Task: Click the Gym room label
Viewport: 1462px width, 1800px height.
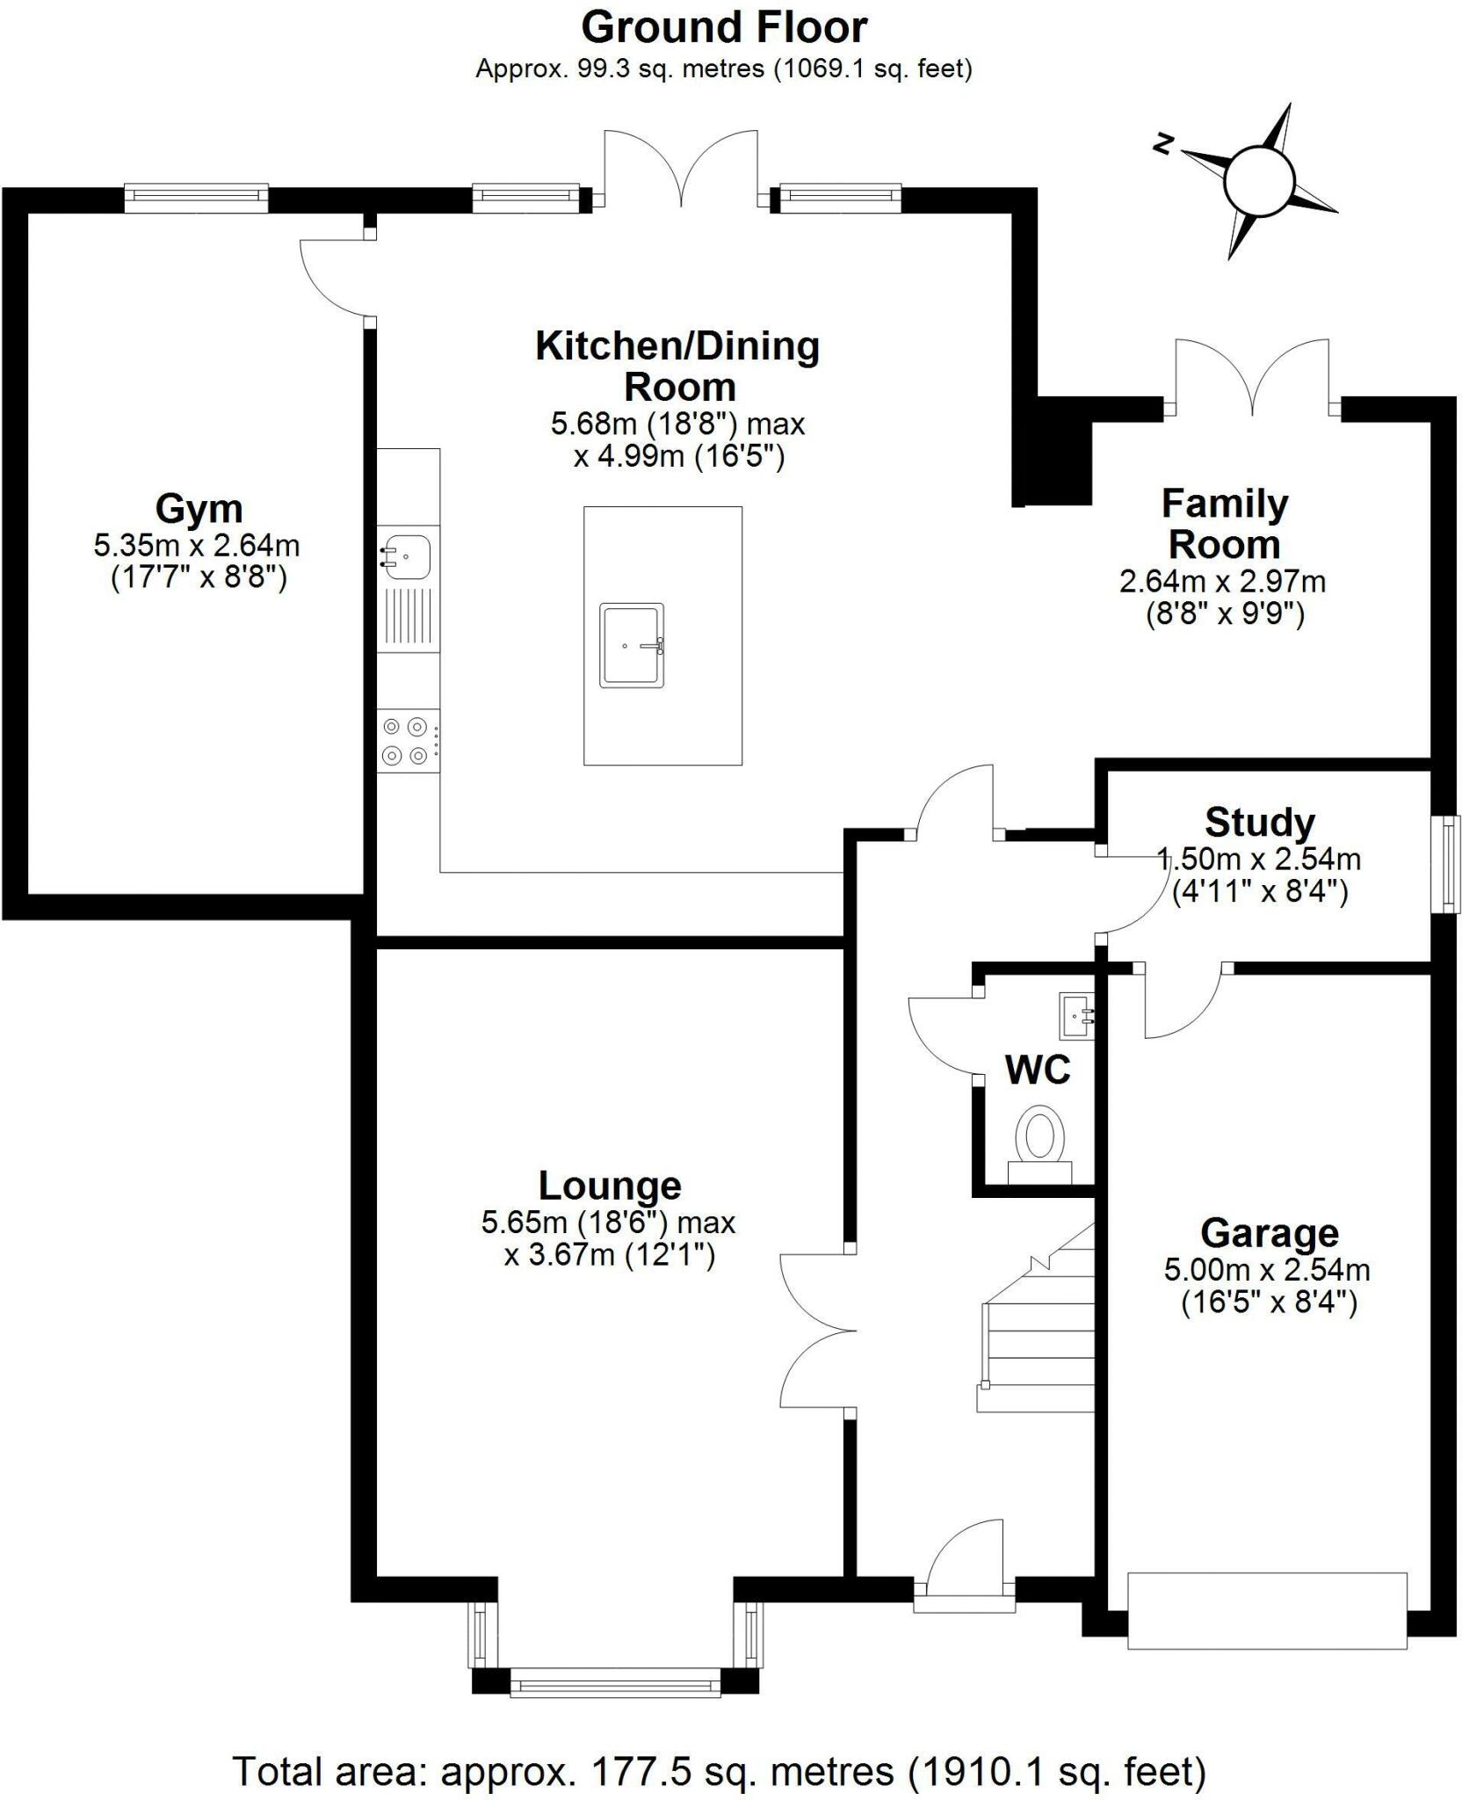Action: coord(199,509)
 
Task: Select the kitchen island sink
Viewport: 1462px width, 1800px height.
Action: coord(632,644)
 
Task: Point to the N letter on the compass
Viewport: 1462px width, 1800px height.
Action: coord(1165,144)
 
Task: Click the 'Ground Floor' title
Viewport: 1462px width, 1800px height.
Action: coord(724,28)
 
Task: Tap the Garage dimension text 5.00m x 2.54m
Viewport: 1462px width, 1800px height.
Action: coord(1267,1270)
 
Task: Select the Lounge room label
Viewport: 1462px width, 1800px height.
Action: coord(610,1186)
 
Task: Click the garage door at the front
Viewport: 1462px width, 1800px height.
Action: coord(1267,1610)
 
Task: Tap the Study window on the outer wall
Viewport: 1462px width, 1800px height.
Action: coord(1450,864)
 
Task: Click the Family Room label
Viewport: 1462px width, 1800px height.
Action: coord(1224,525)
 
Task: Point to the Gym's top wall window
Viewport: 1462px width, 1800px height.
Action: coord(195,198)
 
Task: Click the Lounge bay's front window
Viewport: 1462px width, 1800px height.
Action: coord(614,1685)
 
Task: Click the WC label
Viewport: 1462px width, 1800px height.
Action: coord(1038,1070)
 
